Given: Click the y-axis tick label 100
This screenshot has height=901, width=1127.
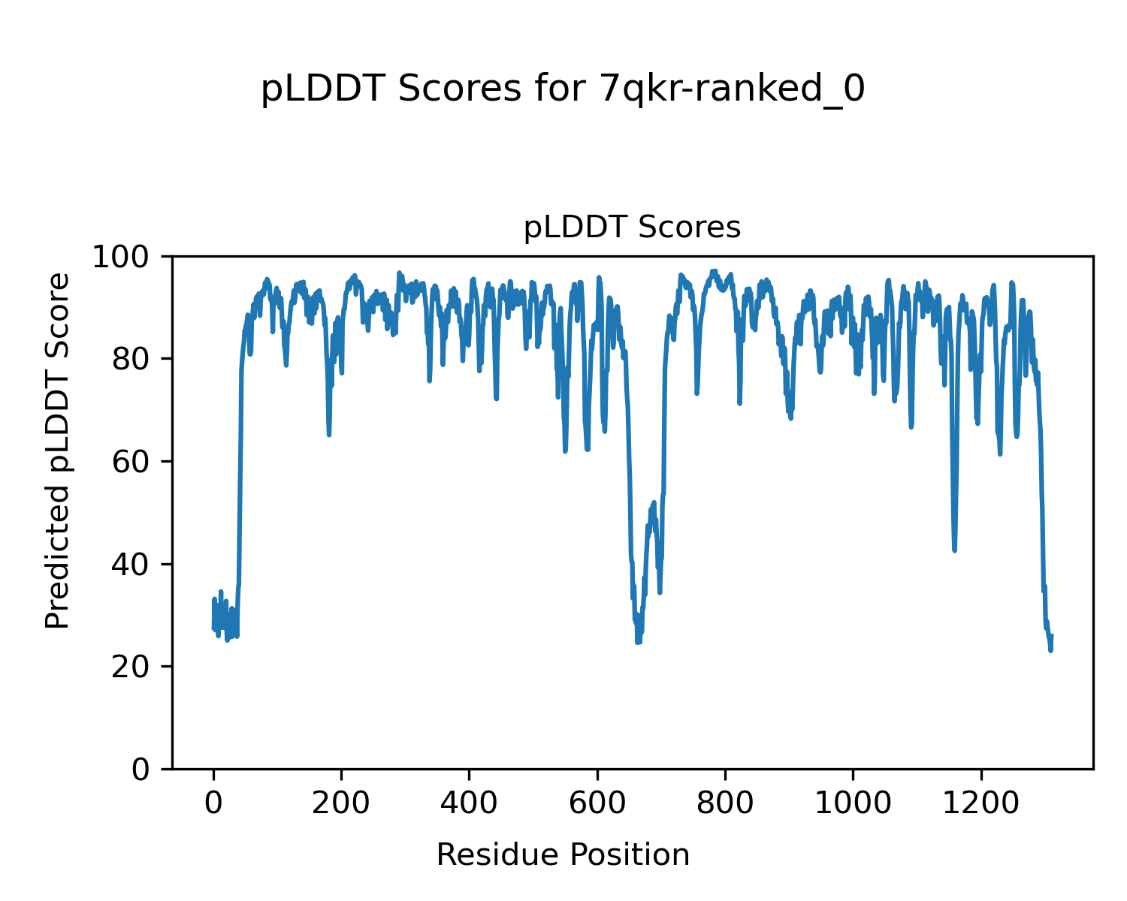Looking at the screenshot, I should (126, 257).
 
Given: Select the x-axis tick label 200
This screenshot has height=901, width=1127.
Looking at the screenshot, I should (341, 803).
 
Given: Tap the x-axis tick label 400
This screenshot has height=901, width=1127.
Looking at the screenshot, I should (469, 803).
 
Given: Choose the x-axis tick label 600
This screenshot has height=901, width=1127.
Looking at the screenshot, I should (597, 803).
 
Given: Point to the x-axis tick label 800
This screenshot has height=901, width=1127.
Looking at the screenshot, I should (725, 803).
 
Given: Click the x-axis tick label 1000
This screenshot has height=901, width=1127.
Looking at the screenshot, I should (853, 803).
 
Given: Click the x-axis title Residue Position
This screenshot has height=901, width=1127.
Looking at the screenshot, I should (563, 855).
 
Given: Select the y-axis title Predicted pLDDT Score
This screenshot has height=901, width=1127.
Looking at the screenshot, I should (58, 450).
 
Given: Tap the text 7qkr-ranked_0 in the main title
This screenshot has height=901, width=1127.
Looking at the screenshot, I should (733, 89).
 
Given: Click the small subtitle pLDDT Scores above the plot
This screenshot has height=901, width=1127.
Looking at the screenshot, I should (632, 228).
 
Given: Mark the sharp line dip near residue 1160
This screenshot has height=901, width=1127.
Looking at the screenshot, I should (954, 550).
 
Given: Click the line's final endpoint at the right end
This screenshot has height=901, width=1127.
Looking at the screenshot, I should (1052, 636).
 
